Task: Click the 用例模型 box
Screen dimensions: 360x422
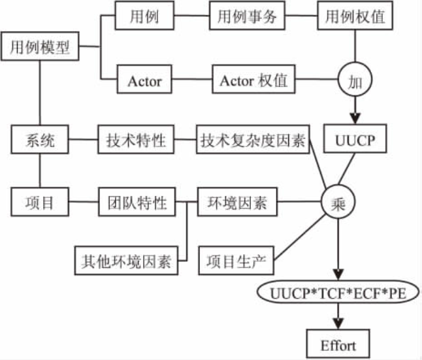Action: tap(41, 48)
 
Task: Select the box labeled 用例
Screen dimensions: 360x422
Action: tap(143, 17)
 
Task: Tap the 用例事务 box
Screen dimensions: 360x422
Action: tap(248, 17)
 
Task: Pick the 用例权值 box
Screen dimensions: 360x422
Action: tap(355, 17)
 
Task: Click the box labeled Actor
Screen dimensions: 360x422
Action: tap(144, 82)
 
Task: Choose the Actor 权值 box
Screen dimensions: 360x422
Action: tap(254, 82)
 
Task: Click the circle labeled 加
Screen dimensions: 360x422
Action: tap(355, 82)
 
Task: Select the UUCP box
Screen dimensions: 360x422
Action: tap(355, 140)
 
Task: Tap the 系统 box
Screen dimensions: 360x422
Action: tap(41, 140)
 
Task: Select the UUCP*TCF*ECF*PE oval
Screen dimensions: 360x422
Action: tap(338, 293)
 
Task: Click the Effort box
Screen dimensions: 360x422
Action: tap(338, 344)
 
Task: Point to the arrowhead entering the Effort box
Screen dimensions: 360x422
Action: tap(338, 323)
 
